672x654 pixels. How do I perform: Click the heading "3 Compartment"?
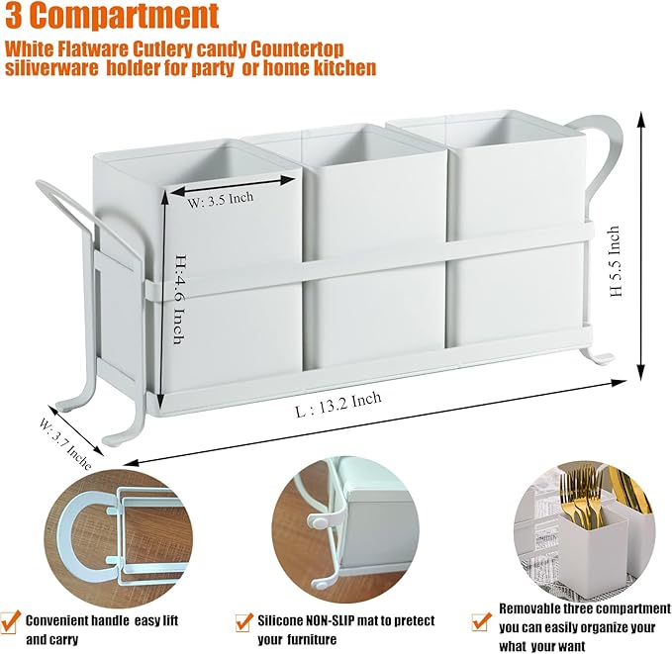pos(111,16)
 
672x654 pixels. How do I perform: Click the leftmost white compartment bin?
pos(228,287)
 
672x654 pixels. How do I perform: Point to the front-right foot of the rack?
pos(599,354)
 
